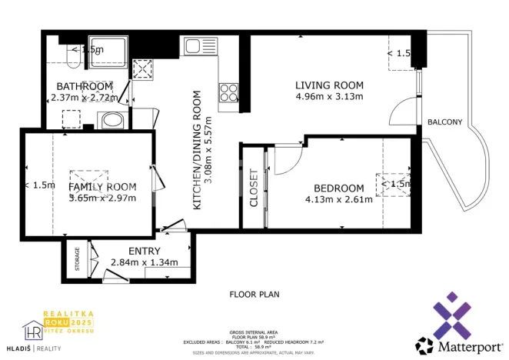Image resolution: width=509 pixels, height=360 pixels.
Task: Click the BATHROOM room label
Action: (x=85, y=86)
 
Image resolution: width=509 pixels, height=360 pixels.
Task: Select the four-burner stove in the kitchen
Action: (x=229, y=93)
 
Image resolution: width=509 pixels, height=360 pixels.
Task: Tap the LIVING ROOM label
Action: (x=329, y=85)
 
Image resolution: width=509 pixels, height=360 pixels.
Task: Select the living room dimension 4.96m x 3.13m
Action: (x=329, y=96)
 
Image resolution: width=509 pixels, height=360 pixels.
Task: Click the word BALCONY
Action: (x=444, y=122)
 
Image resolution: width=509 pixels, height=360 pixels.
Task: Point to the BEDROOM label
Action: (x=338, y=188)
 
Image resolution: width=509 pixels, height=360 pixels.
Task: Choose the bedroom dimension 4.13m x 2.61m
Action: (x=338, y=200)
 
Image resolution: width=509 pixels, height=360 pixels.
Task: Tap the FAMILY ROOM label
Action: (x=102, y=187)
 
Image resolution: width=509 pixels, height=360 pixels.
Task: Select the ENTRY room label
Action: (x=145, y=252)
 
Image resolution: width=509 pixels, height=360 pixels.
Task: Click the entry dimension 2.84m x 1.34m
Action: (x=145, y=262)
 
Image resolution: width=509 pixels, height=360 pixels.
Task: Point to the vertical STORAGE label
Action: (x=77, y=259)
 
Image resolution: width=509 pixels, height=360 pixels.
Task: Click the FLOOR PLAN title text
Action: (x=254, y=294)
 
